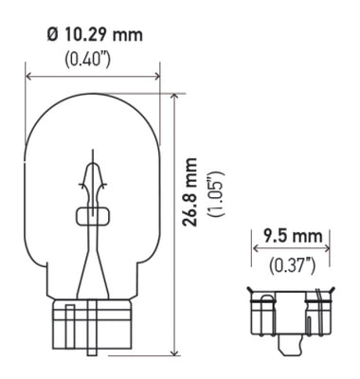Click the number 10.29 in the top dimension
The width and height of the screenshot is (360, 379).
coord(84,36)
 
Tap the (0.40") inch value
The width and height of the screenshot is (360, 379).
coord(93,58)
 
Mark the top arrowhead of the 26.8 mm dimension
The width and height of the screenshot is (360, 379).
coord(173,98)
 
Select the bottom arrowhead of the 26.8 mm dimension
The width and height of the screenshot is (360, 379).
coord(173,352)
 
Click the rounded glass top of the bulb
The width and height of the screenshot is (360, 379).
coord(93,104)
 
